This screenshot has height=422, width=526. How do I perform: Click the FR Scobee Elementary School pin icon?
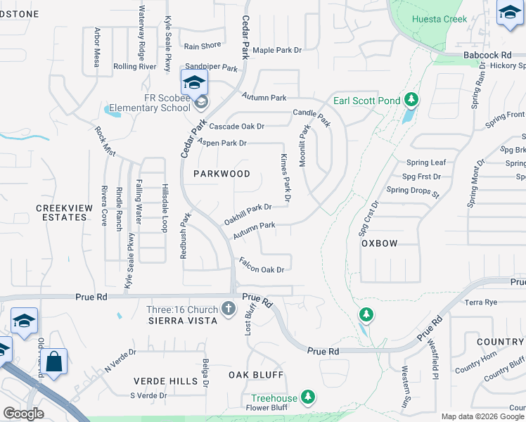[194, 83]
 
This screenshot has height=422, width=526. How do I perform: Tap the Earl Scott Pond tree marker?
[411, 101]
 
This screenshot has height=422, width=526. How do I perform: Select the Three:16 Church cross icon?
[228, 308]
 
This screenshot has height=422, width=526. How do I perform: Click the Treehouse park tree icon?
[307, 398]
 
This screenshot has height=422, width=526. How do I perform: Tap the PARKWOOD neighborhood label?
[222, 174]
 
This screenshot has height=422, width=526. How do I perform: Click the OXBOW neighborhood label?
[379, 243]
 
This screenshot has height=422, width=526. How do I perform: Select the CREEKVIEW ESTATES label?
[61, 212]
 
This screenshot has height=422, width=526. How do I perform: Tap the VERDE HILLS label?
[165, 381]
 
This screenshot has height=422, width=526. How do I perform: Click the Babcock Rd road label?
[487, 54]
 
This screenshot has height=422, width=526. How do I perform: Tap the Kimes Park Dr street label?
[286, 179]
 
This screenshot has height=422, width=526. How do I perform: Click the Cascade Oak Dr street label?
[236, 127]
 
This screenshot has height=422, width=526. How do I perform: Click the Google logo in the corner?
[24, 414]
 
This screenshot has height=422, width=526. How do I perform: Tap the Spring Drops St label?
[412, 191]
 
